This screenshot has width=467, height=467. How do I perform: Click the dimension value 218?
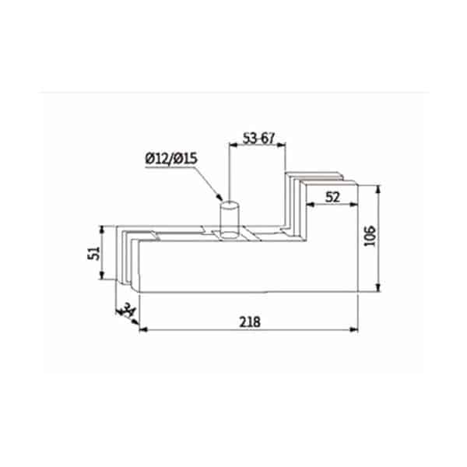(250, 322)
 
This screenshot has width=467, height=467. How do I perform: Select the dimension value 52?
(332, 197)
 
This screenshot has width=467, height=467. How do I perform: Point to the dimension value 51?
(94, 253)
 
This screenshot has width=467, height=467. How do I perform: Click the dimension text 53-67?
(258, 139)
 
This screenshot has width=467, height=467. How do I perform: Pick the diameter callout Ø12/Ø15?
(171, 159)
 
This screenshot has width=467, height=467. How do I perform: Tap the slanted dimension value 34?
(128, 311)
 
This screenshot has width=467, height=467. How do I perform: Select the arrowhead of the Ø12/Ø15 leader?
(219, 197)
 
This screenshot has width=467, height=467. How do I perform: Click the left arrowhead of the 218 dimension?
(143, 329)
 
